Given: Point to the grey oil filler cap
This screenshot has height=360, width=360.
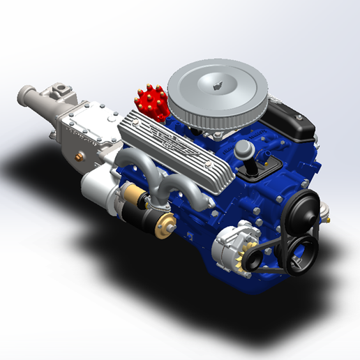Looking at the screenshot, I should tap(245, 149).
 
